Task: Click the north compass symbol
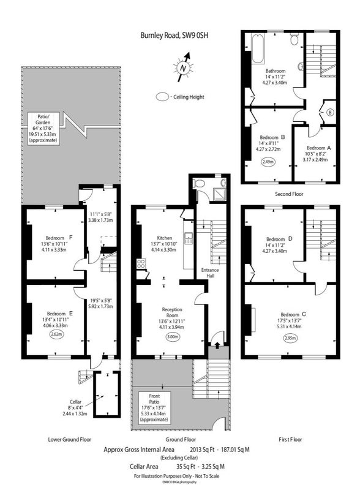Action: [x=184, y=67]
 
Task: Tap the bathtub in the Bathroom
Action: [x=258, y=48]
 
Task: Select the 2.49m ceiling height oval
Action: [x=268, y=162]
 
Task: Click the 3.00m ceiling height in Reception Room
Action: [x=173, y=337]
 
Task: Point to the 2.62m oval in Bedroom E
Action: [x=57, y=334]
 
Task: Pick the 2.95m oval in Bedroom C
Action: [x=290, y=338]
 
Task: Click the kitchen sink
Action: [x=189, y=238]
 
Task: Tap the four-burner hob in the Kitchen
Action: [x=141, y=263]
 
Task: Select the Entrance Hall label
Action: [x=210, y=273]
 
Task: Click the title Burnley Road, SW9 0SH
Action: [x=174, y=35]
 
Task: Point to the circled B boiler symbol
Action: [x=331, y=113]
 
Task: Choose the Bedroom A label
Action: [x=318, y=148]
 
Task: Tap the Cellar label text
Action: [x=76, y=402]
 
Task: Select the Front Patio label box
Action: [x=154, y=407]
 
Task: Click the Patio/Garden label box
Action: [x=43, y=128]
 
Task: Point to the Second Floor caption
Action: [x=289, y=194]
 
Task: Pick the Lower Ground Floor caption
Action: [x=69, y=439]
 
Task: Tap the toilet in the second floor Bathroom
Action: [x=294, y=39]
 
